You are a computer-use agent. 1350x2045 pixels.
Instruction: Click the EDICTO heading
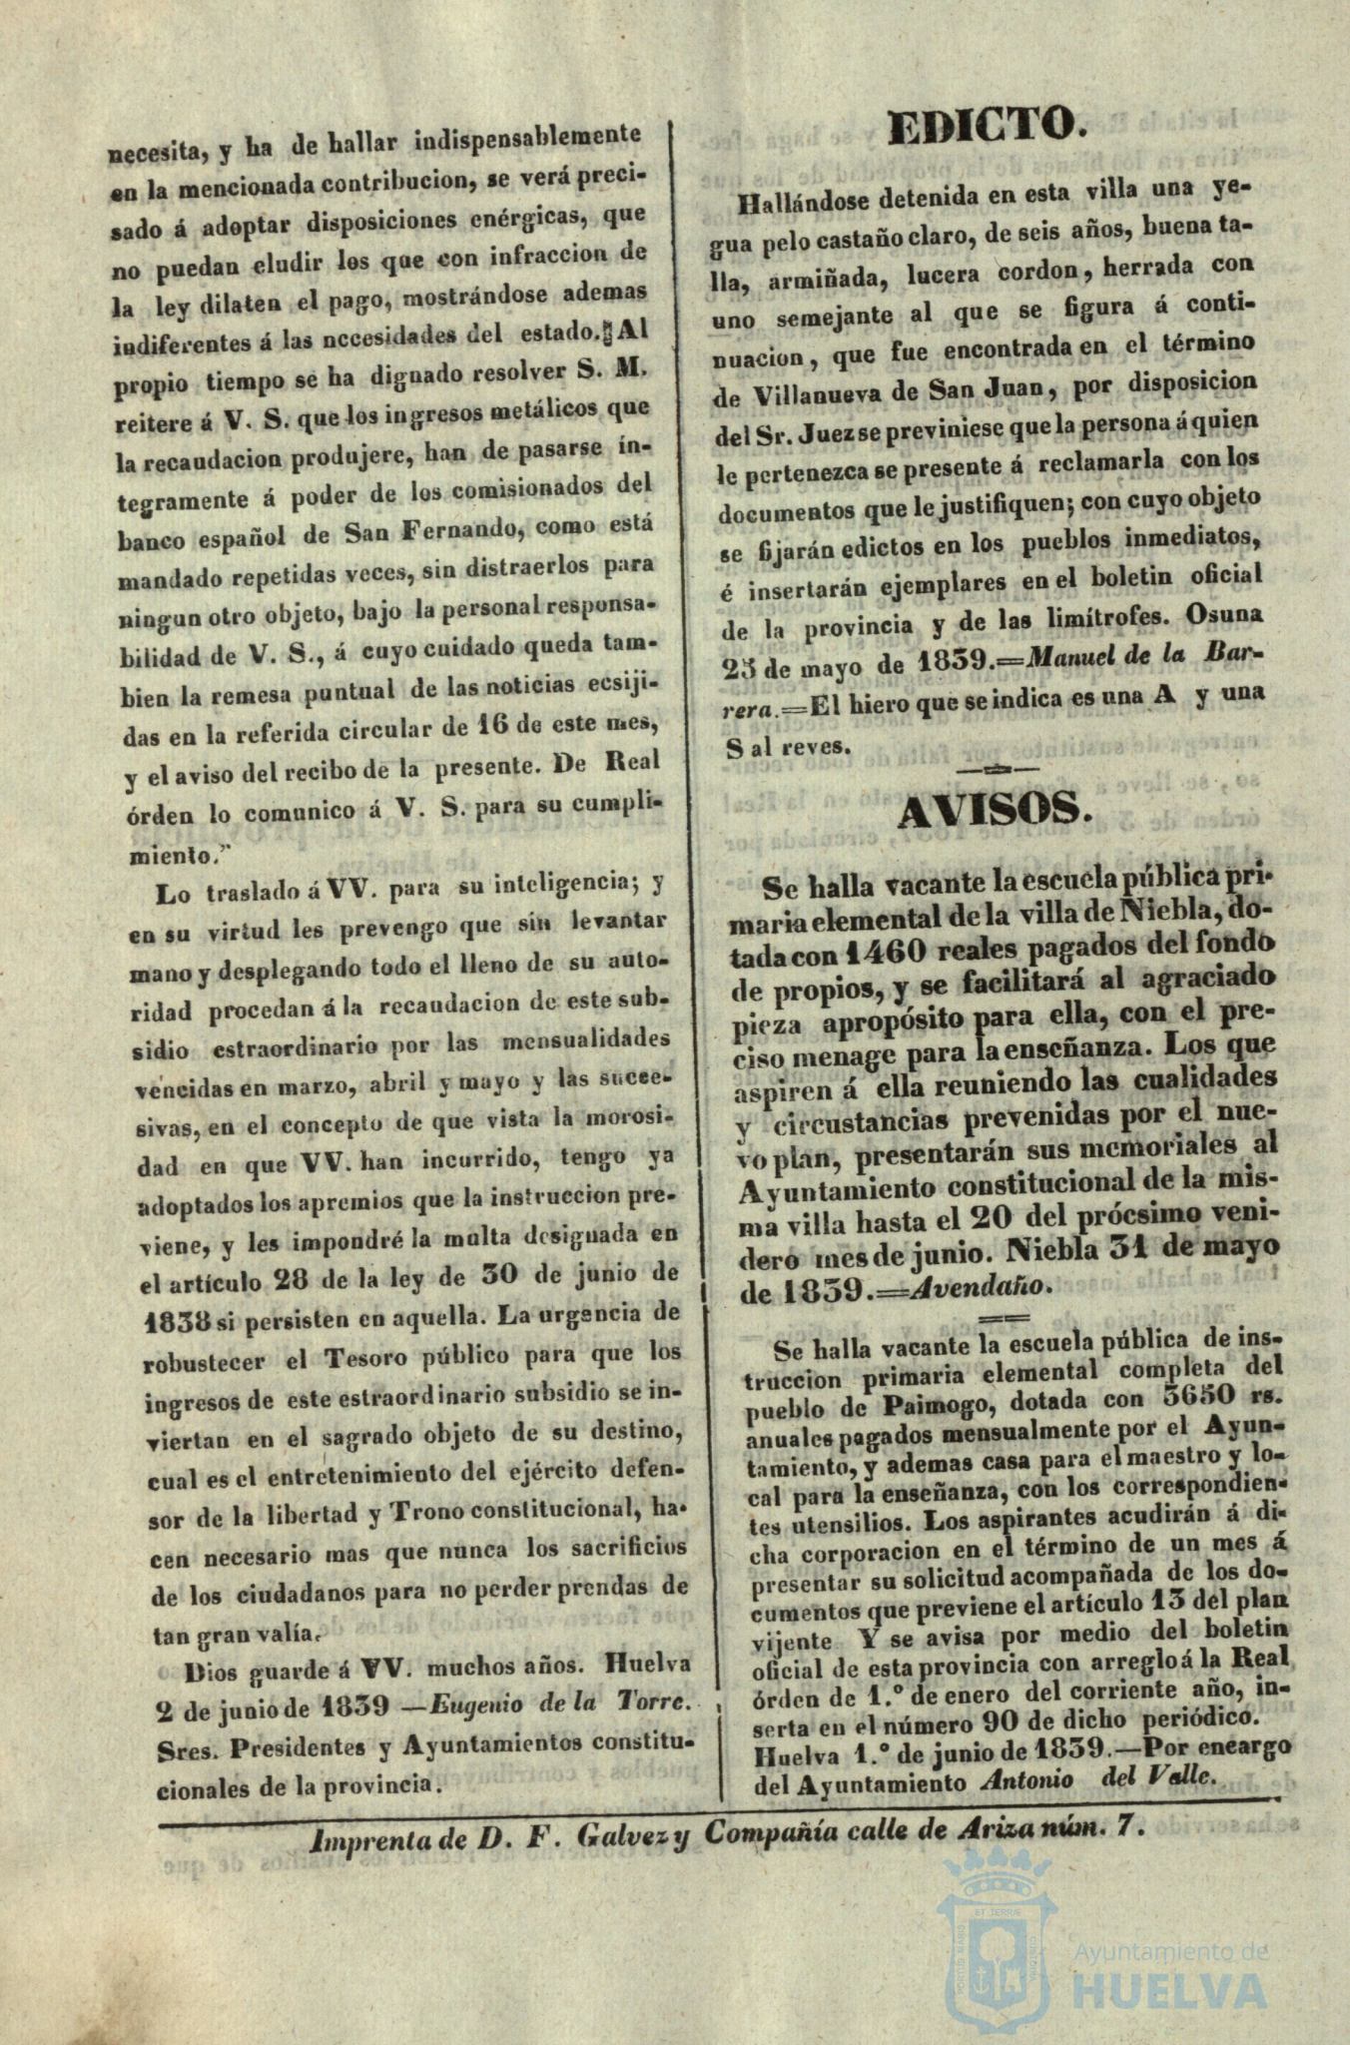coord(986,127)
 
